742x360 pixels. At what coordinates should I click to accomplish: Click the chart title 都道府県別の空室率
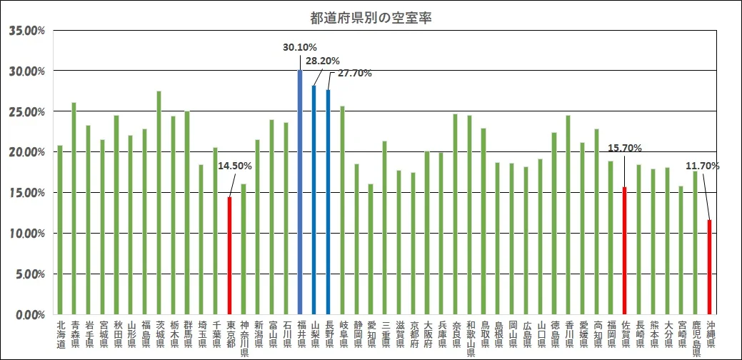click(371, 18)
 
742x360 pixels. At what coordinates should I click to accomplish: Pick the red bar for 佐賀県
click(625, 251)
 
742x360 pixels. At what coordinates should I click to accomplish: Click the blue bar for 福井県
click(300, 193)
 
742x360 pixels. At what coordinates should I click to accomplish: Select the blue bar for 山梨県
click(314, 200)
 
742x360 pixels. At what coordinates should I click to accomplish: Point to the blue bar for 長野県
click(328, 202)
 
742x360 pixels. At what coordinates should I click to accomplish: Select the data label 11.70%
click(702, 166)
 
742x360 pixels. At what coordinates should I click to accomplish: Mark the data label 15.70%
click(625, 149)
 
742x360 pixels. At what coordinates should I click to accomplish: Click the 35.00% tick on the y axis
click(27, 31)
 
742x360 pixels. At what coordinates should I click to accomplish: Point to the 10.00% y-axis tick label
click(27, 234)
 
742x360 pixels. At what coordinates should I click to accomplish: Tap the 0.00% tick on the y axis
click(29, 314)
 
